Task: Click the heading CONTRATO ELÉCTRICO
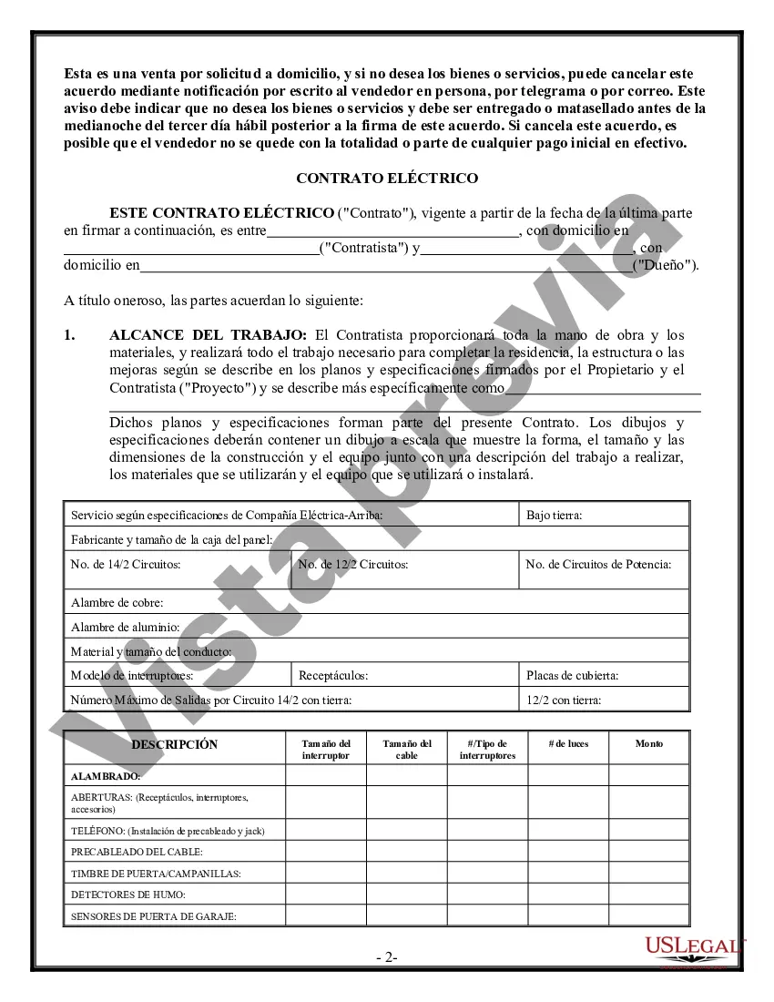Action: pos(387,179)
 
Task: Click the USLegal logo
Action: pos(695,948)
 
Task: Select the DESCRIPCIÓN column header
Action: pos(175,744)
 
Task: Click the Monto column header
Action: pos(649,744)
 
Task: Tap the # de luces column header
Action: pos(568,744)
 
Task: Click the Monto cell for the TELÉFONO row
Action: pos(649,830)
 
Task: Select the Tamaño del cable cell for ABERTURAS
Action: pos(407,803)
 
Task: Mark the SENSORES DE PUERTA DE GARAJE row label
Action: pos(154,916)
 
